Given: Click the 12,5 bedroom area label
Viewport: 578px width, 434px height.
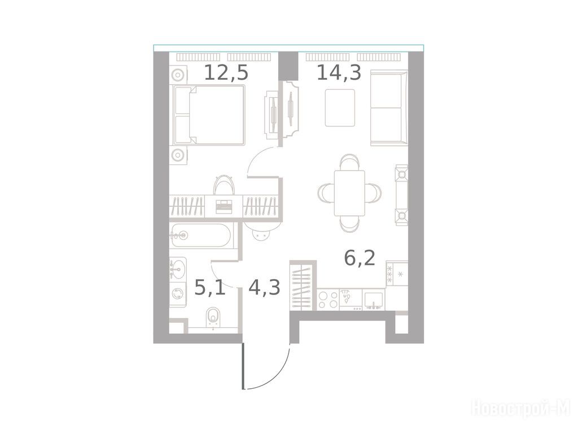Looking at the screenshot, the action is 226,73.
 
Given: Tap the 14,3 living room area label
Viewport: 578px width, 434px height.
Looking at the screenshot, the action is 339,73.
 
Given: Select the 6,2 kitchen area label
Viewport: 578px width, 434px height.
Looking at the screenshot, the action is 360,258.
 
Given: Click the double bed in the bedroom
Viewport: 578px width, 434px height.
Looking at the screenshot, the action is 209,114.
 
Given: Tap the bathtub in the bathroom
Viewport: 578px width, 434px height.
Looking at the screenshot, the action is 202,236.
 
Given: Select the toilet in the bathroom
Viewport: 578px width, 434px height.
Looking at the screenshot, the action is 213,318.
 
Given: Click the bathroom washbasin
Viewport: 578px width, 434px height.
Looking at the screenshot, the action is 178,268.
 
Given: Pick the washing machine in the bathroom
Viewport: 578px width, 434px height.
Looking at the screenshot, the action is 178,294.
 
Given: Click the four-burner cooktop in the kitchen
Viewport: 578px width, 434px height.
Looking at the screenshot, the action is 328,300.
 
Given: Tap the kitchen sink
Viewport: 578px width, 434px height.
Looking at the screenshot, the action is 374,300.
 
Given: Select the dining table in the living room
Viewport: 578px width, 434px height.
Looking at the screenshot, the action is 349,193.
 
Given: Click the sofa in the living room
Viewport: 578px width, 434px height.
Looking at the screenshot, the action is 389,108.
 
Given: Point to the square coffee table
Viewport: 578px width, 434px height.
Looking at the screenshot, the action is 340,108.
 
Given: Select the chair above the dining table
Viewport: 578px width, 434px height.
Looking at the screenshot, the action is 349,162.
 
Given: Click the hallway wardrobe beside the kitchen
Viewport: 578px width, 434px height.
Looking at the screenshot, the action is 303,285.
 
